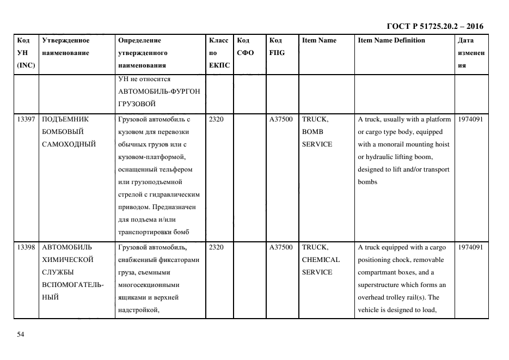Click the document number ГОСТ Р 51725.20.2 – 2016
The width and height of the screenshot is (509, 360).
tap(434, 26)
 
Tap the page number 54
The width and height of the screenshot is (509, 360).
tap(21, 334)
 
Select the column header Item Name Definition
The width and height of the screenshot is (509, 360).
tap(391, 40)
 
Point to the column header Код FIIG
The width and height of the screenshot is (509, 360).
tap(277, 47)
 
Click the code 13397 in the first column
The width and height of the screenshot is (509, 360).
tap(27, 119)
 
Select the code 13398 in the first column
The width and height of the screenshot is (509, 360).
tap(27, 247)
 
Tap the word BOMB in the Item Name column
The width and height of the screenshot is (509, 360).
tap(312, 132)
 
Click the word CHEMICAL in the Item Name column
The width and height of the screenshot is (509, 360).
tap(321, 260)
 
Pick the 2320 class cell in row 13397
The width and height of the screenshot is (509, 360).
tap(216, 119)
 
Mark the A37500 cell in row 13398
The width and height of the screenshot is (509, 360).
tap(281, 247)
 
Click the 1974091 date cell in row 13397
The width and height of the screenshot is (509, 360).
tap(470, 119)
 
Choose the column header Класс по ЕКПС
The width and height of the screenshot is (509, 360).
tap(219, 53)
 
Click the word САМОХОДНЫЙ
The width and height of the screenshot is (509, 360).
tap(69, 144)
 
